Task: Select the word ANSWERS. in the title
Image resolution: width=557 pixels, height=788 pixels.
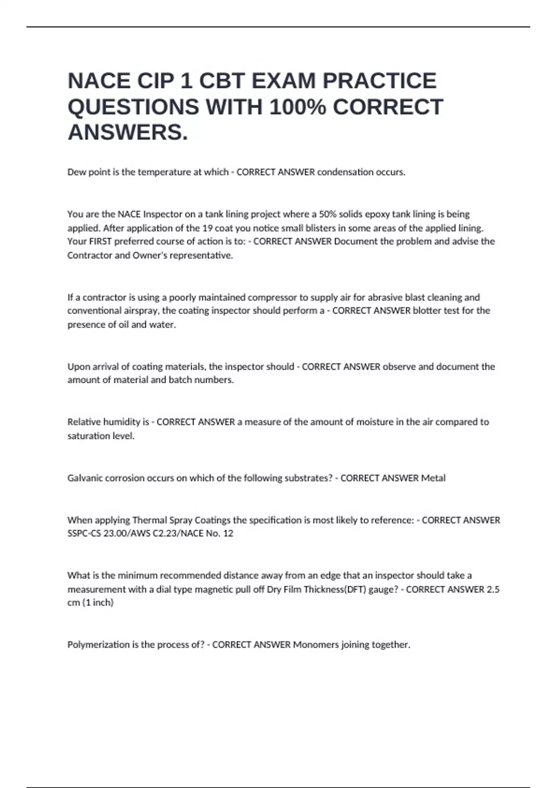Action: (x=128, y=133)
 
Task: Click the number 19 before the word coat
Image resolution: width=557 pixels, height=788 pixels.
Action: (x=207, y=228)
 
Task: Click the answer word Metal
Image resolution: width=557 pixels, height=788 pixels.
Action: (x=433, y=478)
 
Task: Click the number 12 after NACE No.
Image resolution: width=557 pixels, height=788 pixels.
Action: (x=228, y=534)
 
